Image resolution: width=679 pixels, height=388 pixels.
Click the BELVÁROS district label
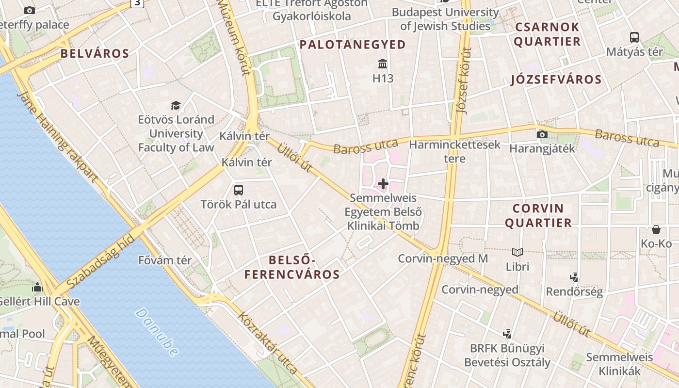click(95, 53)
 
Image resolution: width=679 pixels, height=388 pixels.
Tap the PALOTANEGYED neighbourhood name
click(353, 45)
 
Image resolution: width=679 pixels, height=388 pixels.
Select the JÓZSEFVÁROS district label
click(556, 80)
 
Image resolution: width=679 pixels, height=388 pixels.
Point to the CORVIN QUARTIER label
click(538, 216)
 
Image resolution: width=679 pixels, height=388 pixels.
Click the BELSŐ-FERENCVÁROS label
click(291, 268)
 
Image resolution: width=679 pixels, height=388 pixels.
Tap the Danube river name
click(157, 332)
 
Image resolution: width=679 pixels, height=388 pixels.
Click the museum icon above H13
click(383, 64)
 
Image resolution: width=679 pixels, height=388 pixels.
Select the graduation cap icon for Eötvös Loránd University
click(176, 105)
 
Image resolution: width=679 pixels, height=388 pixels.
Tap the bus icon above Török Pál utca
click(238, 190)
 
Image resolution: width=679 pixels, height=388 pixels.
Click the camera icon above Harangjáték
click(542, 135)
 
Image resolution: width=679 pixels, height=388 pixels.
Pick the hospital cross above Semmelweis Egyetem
click(383, 184)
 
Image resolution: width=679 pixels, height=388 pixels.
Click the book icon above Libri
click(517, 252)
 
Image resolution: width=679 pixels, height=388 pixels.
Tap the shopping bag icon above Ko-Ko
click(656, 229)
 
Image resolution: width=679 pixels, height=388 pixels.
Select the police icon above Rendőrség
click(574, 277)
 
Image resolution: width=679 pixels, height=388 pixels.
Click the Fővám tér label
click(165, 260)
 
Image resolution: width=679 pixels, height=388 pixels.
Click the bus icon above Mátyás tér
click(634, 37)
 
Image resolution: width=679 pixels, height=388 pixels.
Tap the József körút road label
click(464, 81)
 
